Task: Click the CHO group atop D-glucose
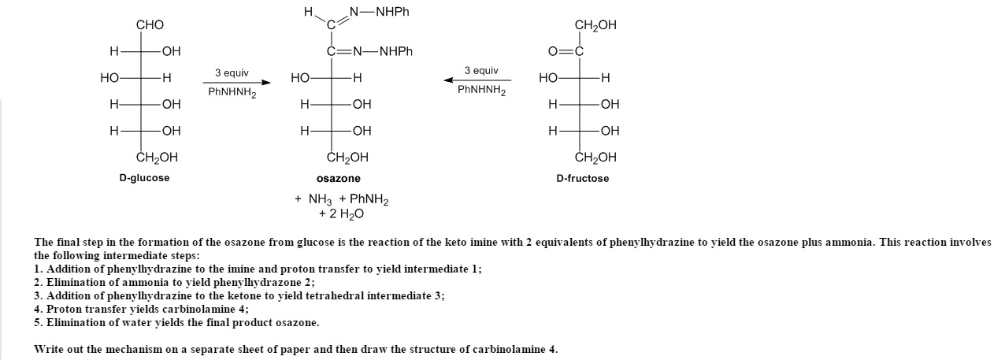coord(150,24)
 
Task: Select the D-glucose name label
coord(144,178)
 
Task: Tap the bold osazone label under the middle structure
coord(339,178)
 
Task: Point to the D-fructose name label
coord(582,178)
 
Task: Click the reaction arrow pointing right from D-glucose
coord(237,82)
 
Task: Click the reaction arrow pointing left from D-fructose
coord(477,80)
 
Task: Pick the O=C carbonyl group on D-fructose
coord(566,52)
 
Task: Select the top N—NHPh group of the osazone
coord(379,12)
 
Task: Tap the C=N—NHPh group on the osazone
coord(369,52)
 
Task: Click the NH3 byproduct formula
coord(321,199)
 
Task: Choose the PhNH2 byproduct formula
coord(369,199)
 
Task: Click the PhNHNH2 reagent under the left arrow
coord(232,92)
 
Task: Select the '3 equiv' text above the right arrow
coord(481,70)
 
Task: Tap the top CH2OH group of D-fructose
coord(595,25)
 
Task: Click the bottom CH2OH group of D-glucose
coord(157,158)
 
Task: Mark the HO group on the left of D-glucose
coord(109,78)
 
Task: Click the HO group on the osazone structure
coord(300,78)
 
